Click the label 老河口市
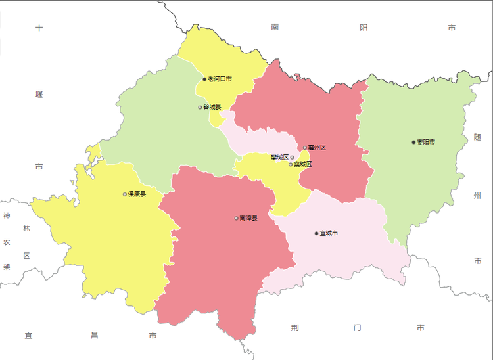pyautogui.click(x=220, y=79)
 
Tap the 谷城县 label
pyautogui.click(x=212, y=107)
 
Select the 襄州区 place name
pyautogui.click(x=317, y=148)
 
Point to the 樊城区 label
pyautogui.click(x=279, y=158)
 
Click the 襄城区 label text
pyautogui.click(x=303, y=164)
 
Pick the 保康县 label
pyautogui.click(x=137, y=194)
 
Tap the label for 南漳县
pyautogui.click(x=248, y=218)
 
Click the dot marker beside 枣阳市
pyautogui.click(x=413, y=142)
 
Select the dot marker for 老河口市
pyautogui.click(x=205, y=79)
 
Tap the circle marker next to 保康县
pyautogui.click(x=125, y=194)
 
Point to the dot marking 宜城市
pyautogui.click(x=316, y=233)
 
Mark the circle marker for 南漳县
pyautogui.click(x=236, y=218)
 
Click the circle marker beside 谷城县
pyautogui.click(x=200, y=107)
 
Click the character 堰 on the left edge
pyautogui.click(x=39, y=95)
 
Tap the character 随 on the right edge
pyautogui.click(x=477, y=137)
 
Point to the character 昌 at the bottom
pyautogui.click(x=94, y=336)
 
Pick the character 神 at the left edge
pyautogui.click(x=7, y=216)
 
